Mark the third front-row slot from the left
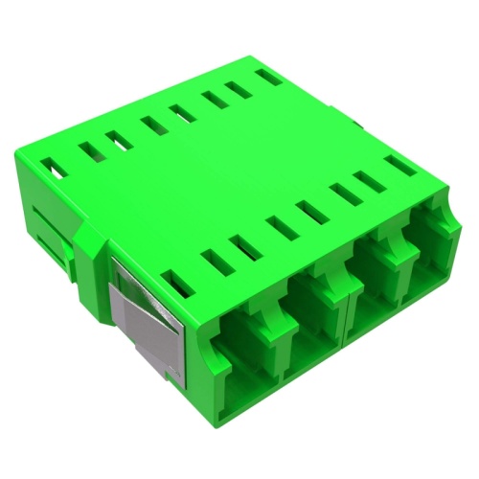coord(246,240)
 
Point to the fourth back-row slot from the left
coord(151,124)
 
